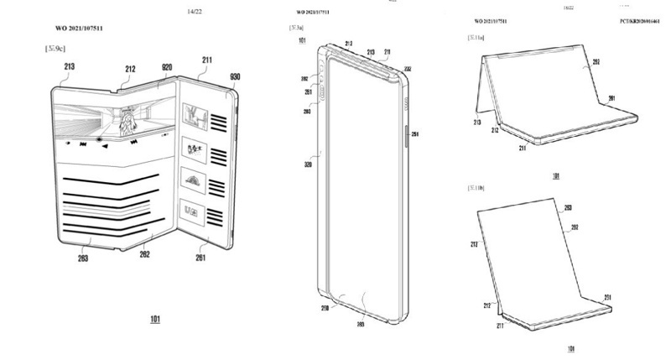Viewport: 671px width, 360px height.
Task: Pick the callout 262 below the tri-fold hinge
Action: coord(145,253)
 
